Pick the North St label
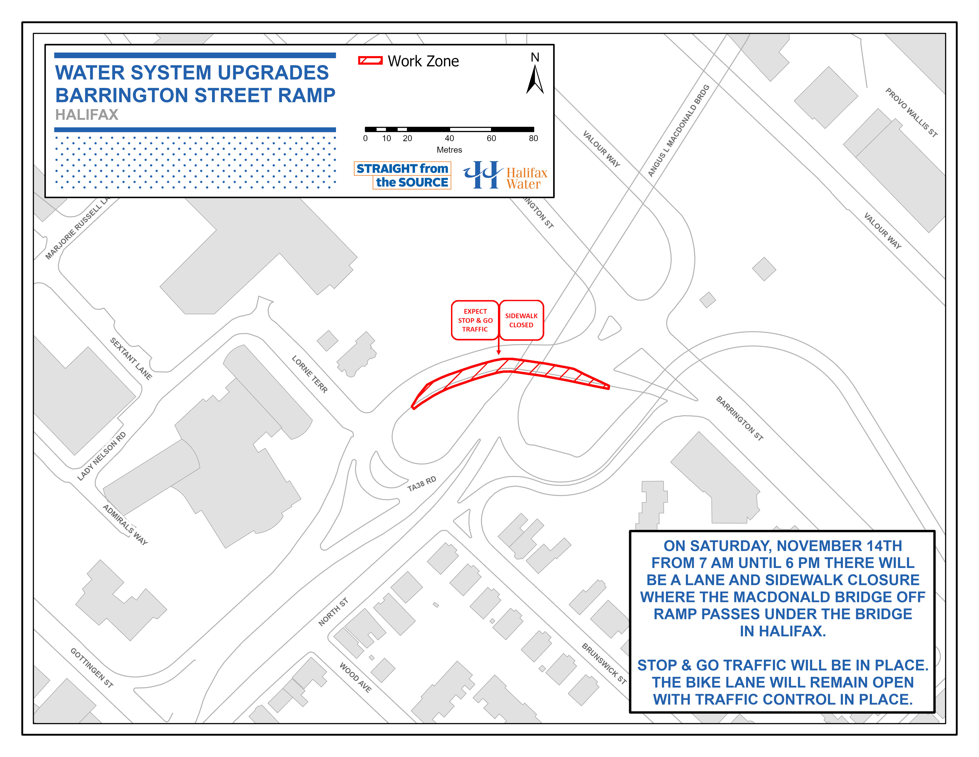point(333,612)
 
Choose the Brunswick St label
point(604,663)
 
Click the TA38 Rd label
point(421,484)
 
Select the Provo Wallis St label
point(911,112)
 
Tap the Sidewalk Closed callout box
point(521,320)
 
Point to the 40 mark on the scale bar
point(449,138)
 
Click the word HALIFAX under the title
point(87,115)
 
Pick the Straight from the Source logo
point(403,175)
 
